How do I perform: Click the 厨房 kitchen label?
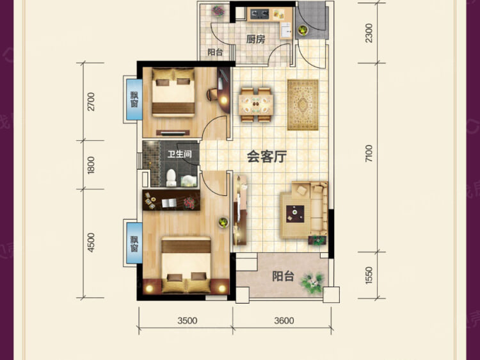coord(255,39)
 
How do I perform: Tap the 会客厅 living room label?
coord(267,156)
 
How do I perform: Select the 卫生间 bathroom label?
coord(180,154)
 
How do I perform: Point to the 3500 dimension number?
coord(188,320)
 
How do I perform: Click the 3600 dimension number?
coord(284,320)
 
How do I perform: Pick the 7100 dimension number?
coord(369,154)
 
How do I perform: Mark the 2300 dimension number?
coord(369,33)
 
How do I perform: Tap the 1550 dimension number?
coord(369,275)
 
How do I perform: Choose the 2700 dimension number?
coord(91,102)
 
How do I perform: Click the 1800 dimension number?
coord(91,165)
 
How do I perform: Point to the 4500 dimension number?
coord(91,243)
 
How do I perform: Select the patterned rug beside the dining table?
coord(303,105)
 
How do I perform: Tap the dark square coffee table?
coord(295,214)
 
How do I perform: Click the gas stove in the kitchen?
coord(260,13)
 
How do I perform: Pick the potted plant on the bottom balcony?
coord(312,282)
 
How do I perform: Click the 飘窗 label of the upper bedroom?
coord(134,99)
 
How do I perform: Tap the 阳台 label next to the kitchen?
coord(215,52)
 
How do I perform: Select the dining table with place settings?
coord(256,105)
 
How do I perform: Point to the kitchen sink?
coord(286,30)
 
